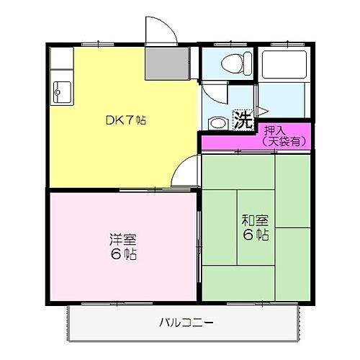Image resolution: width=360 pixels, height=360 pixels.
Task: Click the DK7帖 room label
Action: point(126,120)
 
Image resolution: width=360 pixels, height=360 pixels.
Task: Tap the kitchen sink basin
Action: point(60,91)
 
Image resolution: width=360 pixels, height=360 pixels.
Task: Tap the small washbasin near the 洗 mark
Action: point(216,121)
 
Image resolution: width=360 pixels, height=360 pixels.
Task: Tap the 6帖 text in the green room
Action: point(256,235)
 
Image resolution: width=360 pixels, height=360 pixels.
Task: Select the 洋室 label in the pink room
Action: point(125,240)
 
